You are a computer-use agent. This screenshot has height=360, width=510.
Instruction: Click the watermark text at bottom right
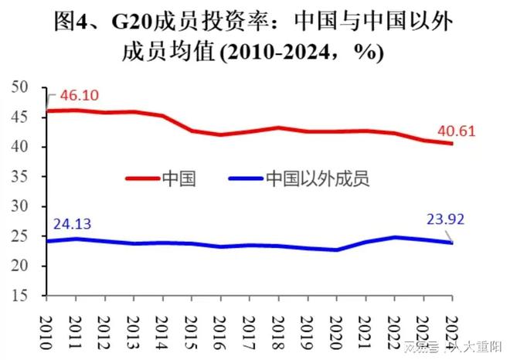(x=456, y=348)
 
